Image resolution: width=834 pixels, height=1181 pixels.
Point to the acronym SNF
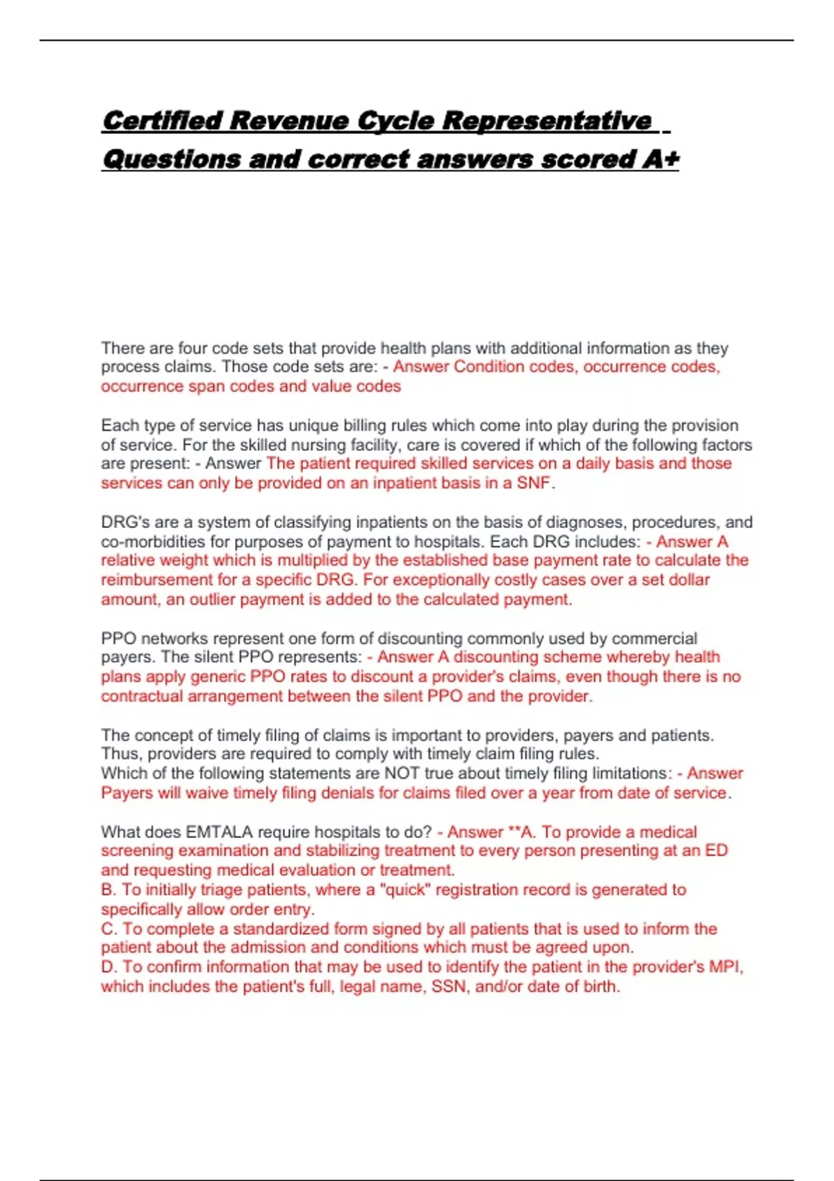(534, 483)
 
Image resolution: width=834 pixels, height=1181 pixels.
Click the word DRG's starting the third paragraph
(122, 522)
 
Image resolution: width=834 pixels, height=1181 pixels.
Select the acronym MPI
(725, 967)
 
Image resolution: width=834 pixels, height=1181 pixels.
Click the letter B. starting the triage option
(109, 890)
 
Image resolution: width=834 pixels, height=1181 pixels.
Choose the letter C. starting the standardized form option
(109, 929)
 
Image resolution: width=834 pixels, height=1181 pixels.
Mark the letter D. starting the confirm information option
(109, 967)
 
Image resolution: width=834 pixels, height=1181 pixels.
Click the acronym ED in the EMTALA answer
(716, 851)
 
